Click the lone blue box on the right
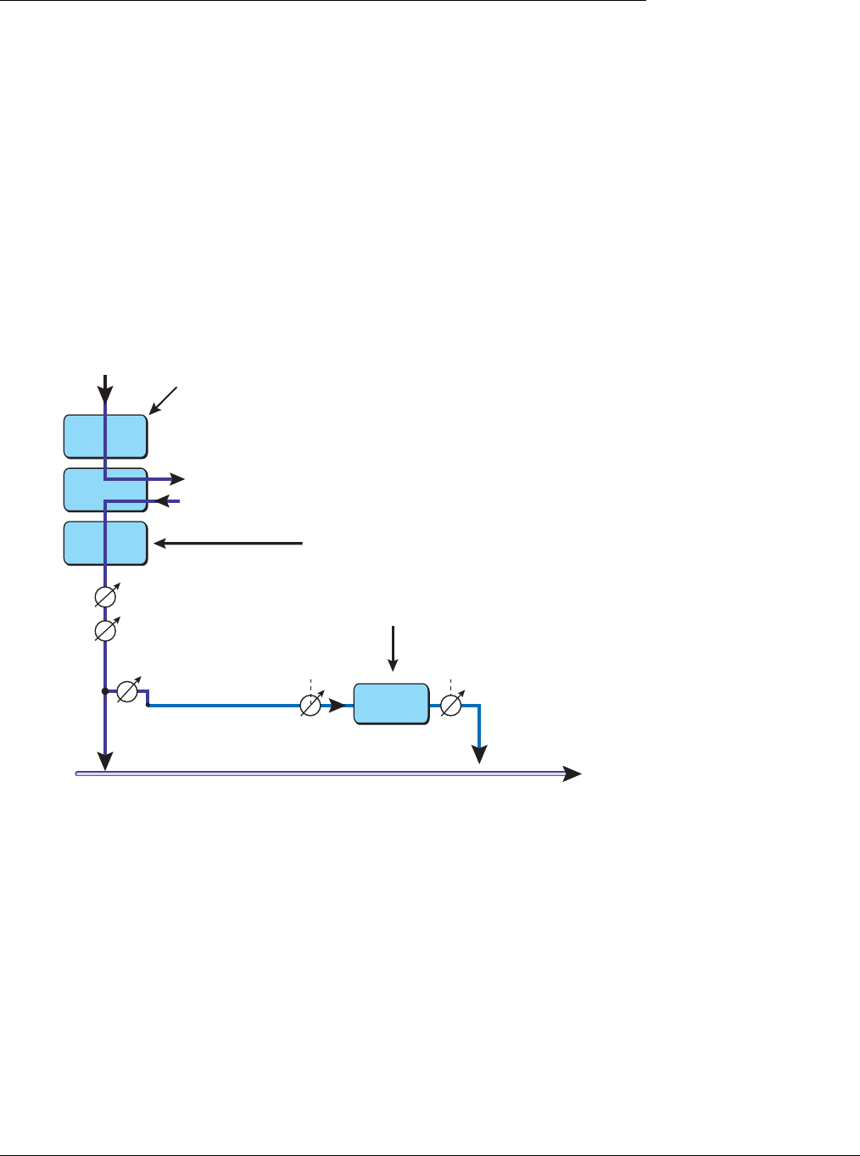pos(391,704)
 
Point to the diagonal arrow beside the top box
pos(164,400)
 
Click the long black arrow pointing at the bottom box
pos(227,543)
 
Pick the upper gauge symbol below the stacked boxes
pos(105,598)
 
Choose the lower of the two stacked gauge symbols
pos(105,631)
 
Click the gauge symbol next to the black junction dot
pos(127,692)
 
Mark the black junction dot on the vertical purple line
pos(104,692)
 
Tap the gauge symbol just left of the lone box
pos(311,705)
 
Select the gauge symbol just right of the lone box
pos(451,705)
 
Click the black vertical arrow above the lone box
pos(393,649)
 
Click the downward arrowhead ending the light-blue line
pos(480,754)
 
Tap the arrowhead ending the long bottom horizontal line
pos(573,773)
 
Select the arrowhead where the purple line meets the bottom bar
pos(104,762)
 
